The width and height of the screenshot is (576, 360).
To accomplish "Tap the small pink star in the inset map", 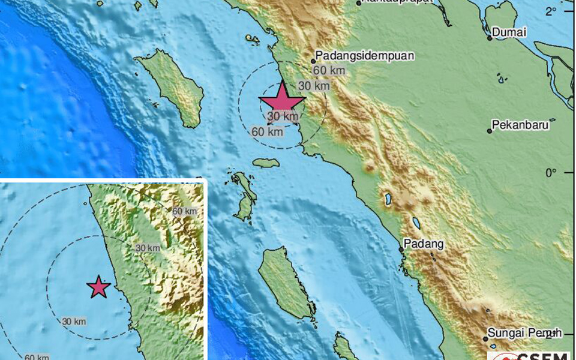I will click(98, 288).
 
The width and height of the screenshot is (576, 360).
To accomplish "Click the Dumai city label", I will click(509, 32).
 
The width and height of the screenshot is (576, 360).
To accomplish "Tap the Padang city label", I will click(423, 244).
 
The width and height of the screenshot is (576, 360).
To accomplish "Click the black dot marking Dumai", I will click(490, 38).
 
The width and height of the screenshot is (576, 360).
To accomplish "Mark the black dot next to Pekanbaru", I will click(490, 130).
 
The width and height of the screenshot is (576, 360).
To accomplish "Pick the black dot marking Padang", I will click(401, 249).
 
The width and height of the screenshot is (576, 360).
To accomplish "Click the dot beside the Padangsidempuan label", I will click(313, 61).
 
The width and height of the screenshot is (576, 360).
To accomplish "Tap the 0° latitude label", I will click(551, 173).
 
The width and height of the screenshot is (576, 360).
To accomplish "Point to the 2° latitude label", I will click(551, 11).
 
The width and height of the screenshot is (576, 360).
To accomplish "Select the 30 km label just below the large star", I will click(283, 116).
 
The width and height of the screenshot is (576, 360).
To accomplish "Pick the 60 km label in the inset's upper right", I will click(184, 211).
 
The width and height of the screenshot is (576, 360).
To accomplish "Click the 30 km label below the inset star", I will click(74, 322).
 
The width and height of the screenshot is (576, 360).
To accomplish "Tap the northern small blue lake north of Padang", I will click(388, 198).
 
